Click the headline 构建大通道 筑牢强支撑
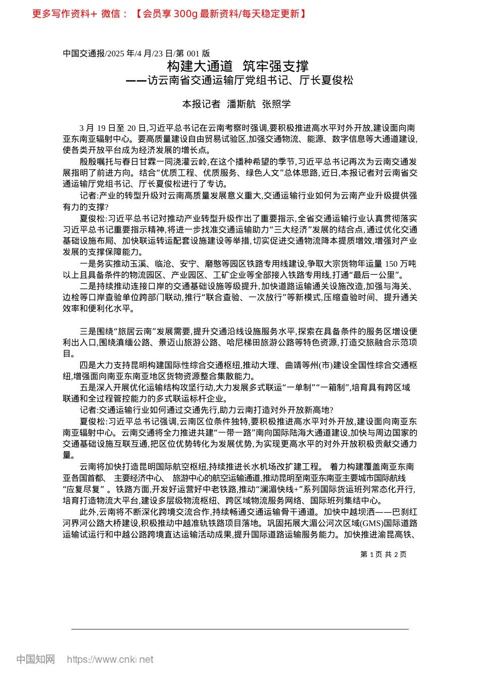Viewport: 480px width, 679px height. (x=237, y=66)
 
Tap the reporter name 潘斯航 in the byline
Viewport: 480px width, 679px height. (x=241, y=104)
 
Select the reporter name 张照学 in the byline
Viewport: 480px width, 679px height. (x=276, y=104)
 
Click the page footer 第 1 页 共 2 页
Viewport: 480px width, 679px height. (x=383, y=554)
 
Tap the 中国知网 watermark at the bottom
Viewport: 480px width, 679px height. (x=35, y=659)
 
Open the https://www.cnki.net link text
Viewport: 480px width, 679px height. (x=110, y=659)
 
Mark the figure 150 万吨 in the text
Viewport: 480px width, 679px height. (x=401, y=264)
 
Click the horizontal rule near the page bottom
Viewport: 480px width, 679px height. (x=240, y=629)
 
